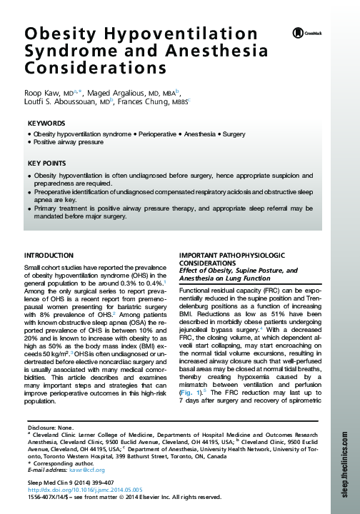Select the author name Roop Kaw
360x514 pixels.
point(40,93)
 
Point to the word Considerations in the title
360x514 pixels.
point(88,69)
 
